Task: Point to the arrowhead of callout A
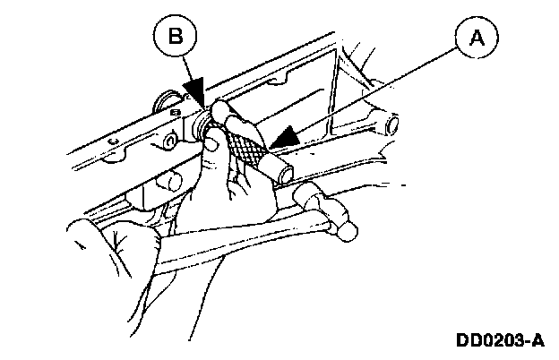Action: (x=286, y=135)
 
